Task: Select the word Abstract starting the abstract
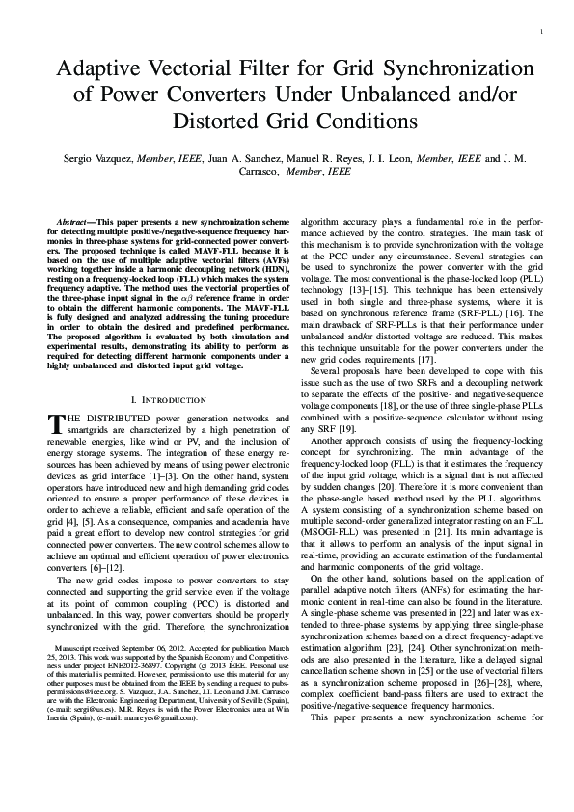73,221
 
